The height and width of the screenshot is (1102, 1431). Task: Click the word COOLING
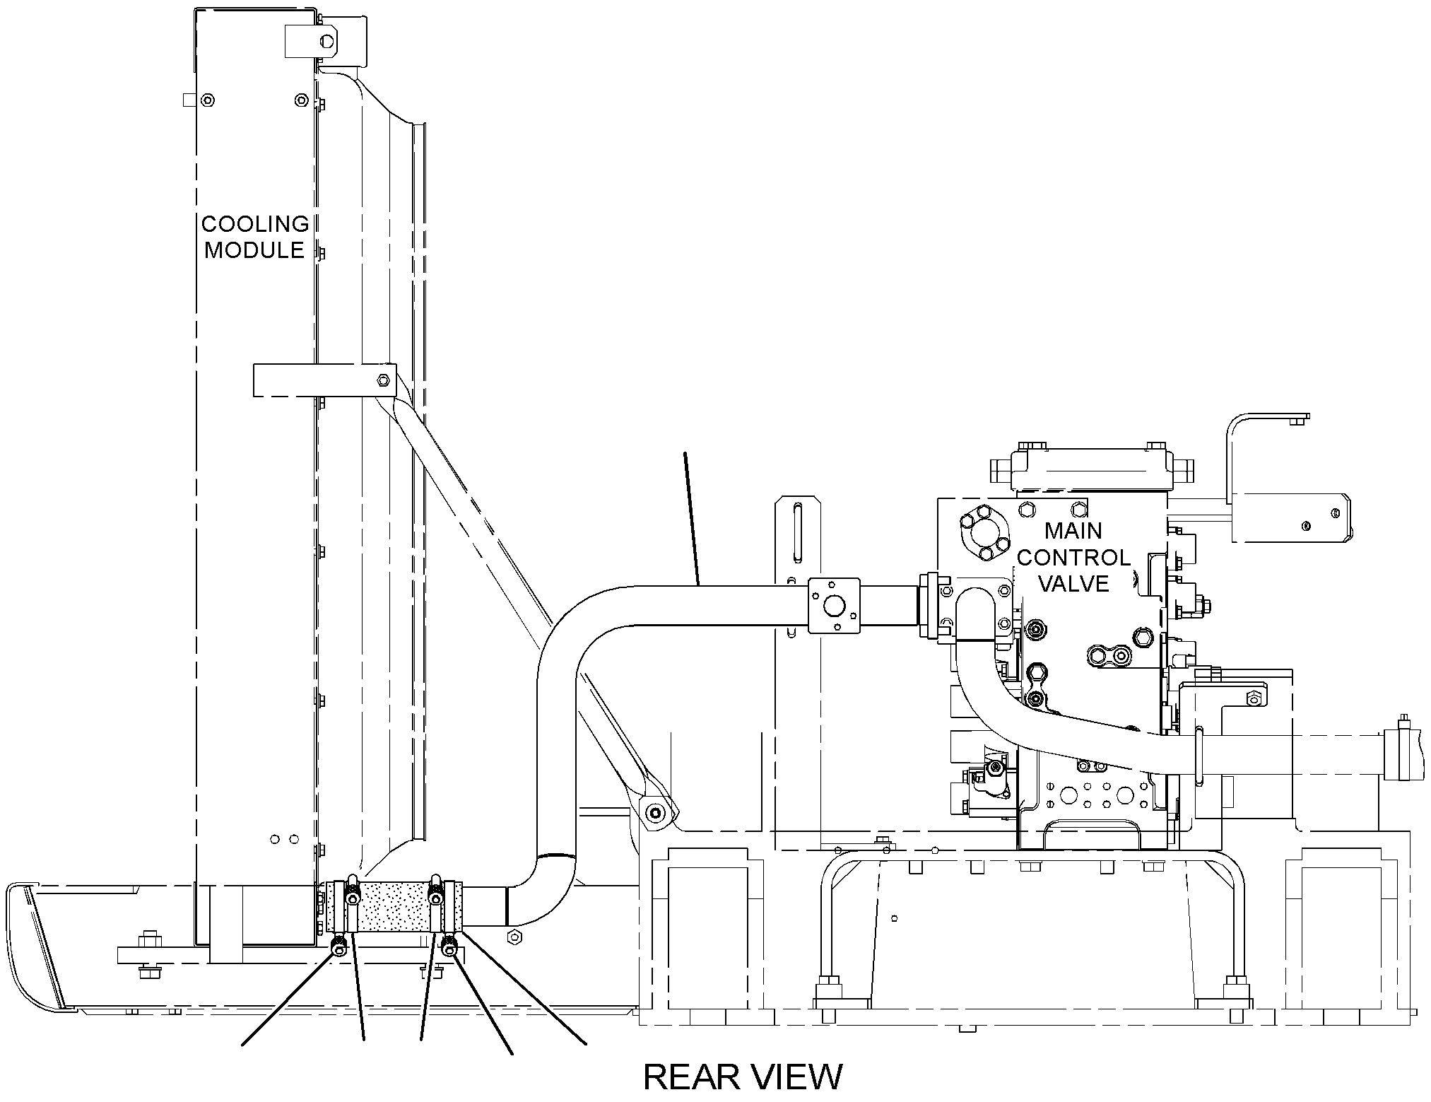[x=255, y=224]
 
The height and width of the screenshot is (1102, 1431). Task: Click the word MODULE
[x=254, y=250]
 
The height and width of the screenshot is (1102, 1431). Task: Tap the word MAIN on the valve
[x=1073, y=530]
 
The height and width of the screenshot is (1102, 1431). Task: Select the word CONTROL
[x=1073, y=558]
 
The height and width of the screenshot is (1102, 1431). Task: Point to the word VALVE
[x=1073, y=584]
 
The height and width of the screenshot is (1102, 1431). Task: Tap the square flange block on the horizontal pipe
[x=835, y=606]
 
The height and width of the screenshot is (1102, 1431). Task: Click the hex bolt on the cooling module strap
[x=383, y=380]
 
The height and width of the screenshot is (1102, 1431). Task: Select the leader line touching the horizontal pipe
[x=692, y=518]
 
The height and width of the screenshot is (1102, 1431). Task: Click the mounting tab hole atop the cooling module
[x=326, y=41]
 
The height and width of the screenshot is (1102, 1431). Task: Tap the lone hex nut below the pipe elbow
[x=514, y=937]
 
